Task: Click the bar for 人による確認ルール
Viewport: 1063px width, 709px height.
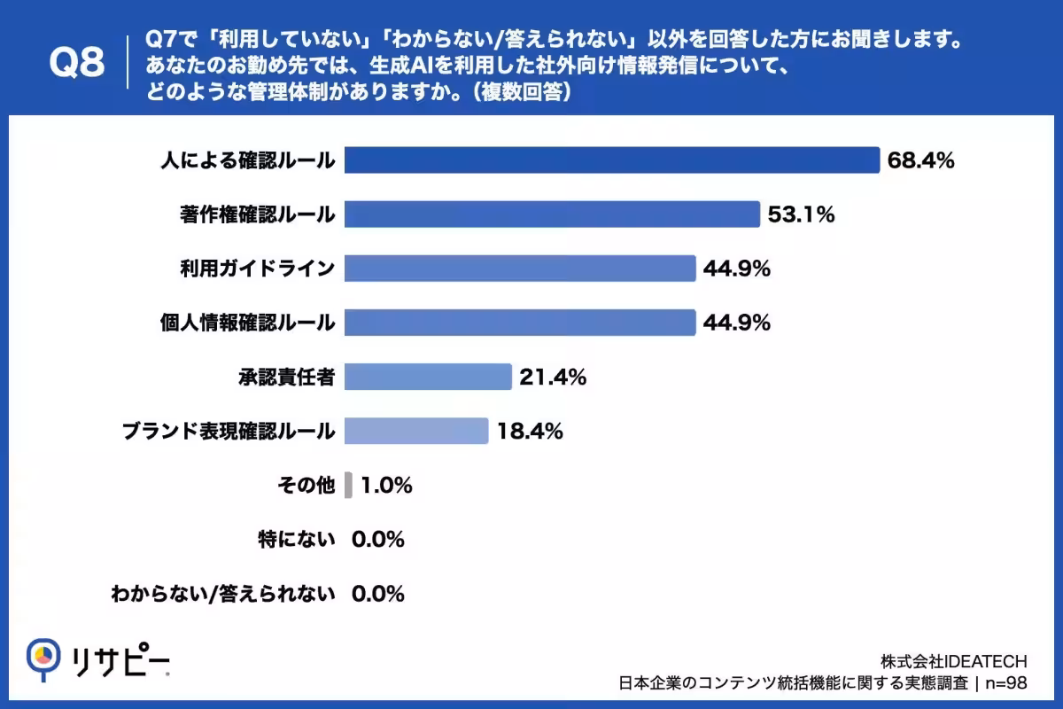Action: coord(612,160)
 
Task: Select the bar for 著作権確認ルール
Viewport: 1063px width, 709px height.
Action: coord(553,214)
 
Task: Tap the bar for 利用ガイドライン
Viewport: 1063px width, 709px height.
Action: coord(520,269)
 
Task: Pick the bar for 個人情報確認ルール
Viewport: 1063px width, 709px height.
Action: coord(520,323)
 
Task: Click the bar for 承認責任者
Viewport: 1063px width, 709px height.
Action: coord(428,377)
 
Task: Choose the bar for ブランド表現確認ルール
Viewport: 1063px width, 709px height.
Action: coord(416,431)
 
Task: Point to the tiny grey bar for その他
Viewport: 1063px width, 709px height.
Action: coord(348,485)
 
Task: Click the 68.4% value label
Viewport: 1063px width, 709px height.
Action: coord(920,160)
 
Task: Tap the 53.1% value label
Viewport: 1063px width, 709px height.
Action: coord(801,214)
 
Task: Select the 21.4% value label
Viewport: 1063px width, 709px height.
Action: coord(553,377)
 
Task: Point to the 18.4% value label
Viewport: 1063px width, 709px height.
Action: coord(530,432)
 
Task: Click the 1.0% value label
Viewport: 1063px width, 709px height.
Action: coord(386,486)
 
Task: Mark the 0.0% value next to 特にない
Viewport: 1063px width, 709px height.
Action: coord(377,540)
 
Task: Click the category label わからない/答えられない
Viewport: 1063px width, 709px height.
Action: coord(223,594)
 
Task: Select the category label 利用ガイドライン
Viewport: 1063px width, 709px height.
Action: coord(257,269)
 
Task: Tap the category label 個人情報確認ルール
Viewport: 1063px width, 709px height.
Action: coord(247,323)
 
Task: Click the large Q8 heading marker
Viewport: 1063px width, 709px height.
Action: coord(77,62)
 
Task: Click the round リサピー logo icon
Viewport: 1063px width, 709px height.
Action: coord(43,659)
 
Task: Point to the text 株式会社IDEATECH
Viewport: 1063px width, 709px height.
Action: coord(953,661)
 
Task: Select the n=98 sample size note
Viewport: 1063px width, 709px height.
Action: coord(1006,683)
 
